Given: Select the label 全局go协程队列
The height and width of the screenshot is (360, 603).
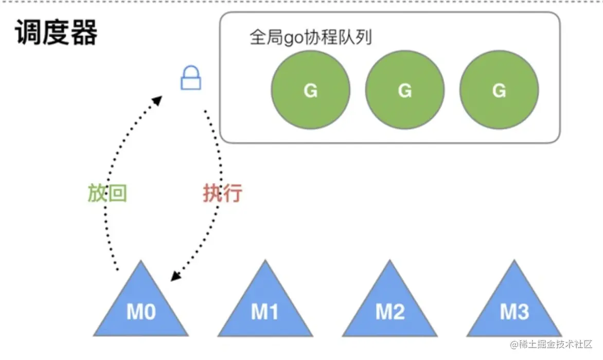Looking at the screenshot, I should click(310, 38).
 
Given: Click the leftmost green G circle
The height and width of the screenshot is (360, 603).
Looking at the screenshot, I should click(311, 90).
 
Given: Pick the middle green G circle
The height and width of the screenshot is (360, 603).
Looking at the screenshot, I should click(405, 90).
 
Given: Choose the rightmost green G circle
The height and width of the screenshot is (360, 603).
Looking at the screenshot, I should click(499, 90).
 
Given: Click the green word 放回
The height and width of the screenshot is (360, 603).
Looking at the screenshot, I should click(107, 193).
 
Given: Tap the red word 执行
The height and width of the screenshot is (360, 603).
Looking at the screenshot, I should click(222, 193).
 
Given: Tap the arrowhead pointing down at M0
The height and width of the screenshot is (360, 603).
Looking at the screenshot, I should click(176, 276).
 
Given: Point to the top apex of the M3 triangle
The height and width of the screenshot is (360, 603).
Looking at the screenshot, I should click(514, 262).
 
